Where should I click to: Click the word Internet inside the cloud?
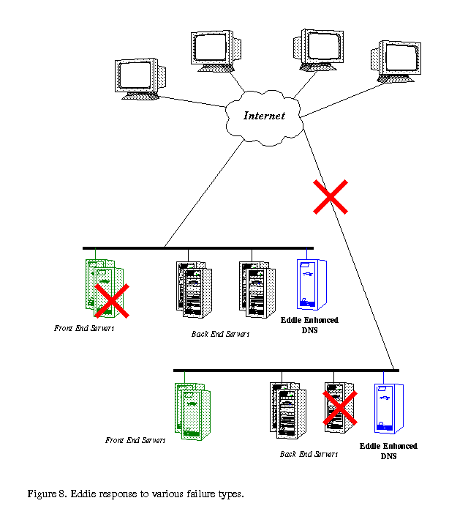click(264, 116)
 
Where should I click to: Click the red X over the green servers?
click(113, 301)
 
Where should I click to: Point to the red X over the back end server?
click(341, 408)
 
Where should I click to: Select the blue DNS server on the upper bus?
click(311, 284)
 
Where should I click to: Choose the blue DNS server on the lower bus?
click(388, 409)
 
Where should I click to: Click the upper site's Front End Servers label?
click(84, 328)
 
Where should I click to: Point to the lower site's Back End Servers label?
click(309, 454)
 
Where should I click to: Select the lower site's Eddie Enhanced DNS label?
click(388, 451)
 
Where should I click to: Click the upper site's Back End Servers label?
click(220, 334)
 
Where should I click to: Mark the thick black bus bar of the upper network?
click(197, 248)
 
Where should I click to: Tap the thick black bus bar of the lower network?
click(286, 371)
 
